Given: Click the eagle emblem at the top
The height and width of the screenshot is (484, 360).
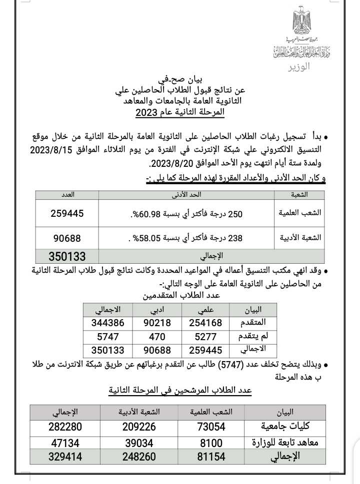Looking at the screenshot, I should tap(302, 23).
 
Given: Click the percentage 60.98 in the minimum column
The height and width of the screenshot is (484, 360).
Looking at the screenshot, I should tap(152, 214).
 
